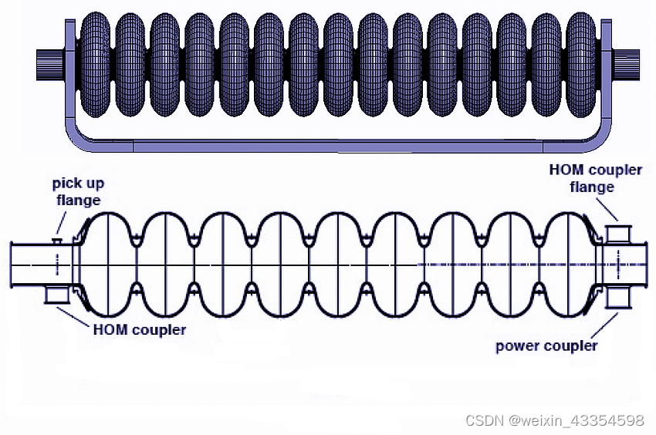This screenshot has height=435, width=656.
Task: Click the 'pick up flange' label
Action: (77, 191)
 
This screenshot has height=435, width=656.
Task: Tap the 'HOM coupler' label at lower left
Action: (140, 329)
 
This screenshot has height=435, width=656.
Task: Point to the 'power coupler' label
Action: (546, 346)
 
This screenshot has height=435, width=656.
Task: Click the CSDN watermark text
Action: (554, 420)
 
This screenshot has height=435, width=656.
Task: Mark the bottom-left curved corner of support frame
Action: (78, 139)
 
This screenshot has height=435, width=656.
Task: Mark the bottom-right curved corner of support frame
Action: (598, 139)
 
